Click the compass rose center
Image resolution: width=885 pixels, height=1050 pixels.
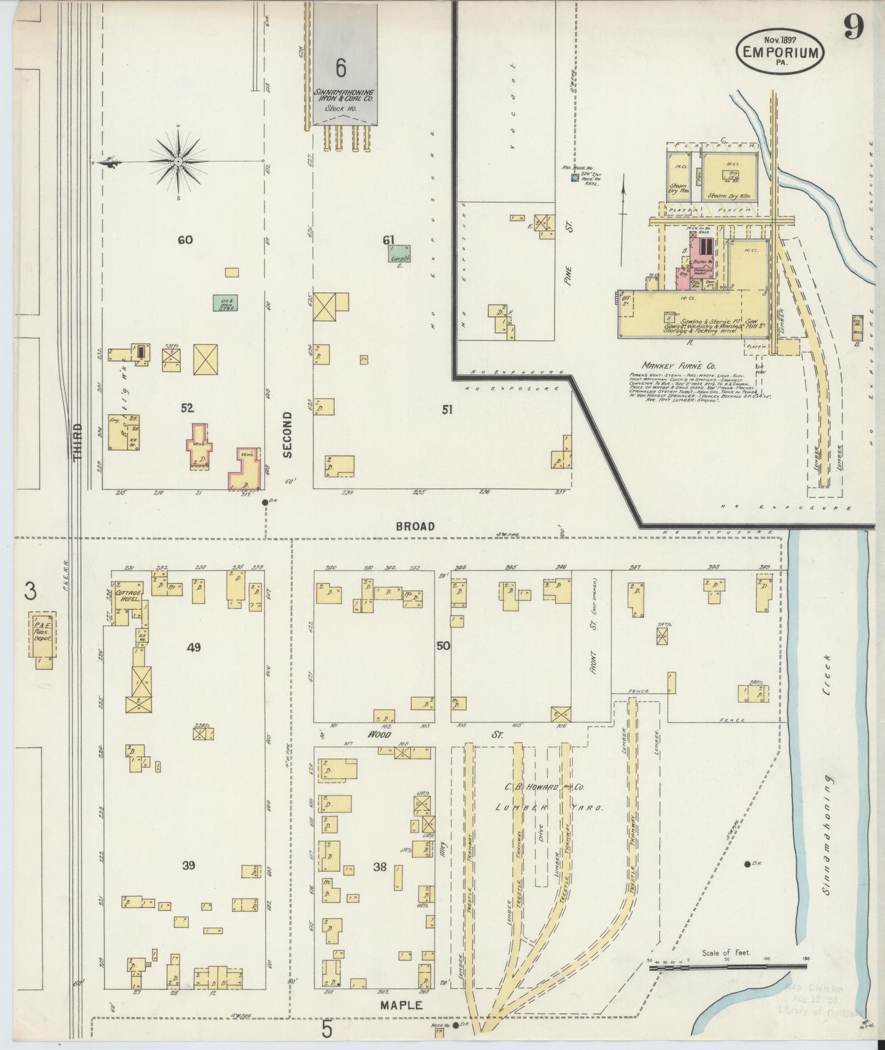[178, 161]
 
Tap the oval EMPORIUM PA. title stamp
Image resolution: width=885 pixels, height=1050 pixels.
[780, 52]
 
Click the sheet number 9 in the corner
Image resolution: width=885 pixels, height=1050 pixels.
[853, 26]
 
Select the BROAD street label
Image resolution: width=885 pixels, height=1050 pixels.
[415, 526]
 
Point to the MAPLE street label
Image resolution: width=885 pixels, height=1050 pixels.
[401, 1005]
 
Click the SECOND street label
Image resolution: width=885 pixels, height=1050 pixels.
[287, 434]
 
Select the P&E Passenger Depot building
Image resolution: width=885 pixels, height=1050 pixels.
[45, 637]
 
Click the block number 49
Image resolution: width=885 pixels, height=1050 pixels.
[194, 647]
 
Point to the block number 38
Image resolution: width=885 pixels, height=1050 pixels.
[380, 866]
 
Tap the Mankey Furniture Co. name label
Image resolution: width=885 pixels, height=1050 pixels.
[671, 365]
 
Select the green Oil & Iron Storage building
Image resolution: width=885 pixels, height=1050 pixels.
[225, 303]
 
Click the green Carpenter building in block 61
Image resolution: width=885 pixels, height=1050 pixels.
[399, 254]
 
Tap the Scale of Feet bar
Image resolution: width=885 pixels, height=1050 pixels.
[727, 967]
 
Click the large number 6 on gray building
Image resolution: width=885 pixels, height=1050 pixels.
[341, 68]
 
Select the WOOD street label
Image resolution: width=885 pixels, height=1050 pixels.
[379, 733]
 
